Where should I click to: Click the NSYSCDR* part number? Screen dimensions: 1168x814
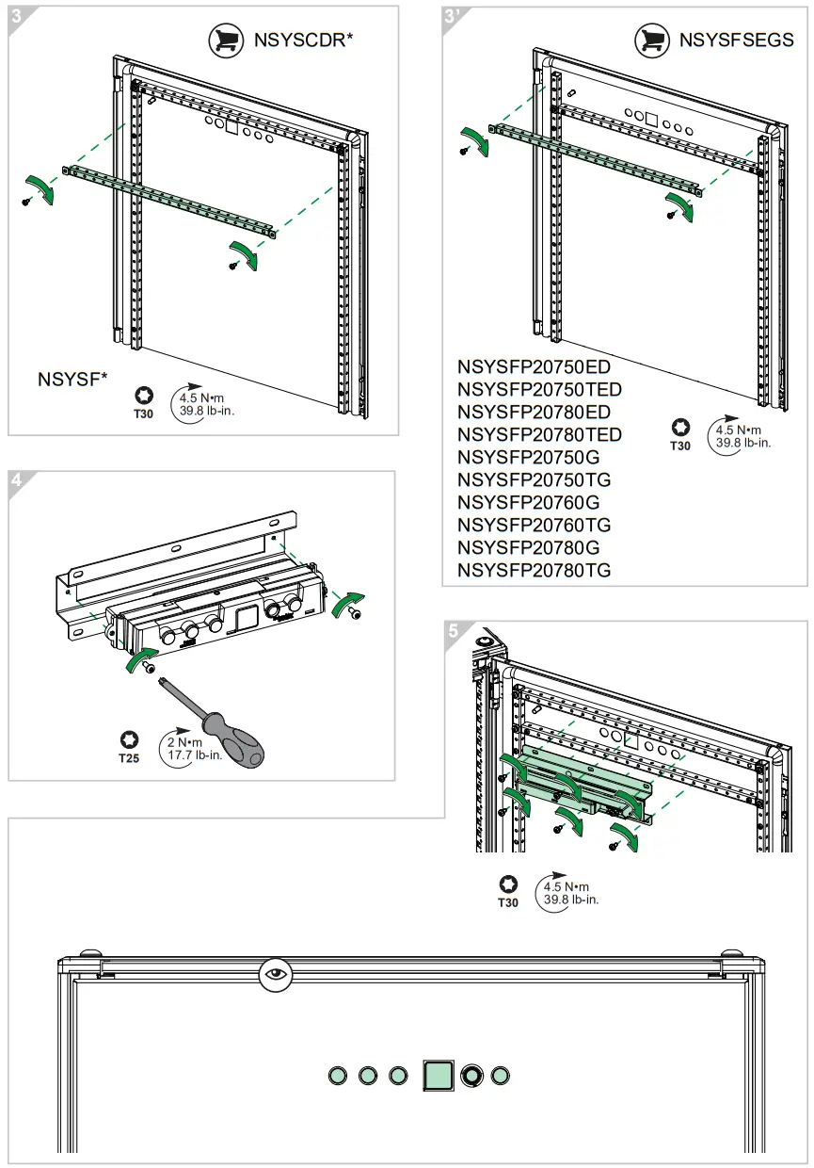(303, 41)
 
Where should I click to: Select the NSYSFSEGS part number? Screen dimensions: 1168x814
(736, 41)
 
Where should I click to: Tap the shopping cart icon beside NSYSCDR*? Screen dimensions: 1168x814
(226, 41)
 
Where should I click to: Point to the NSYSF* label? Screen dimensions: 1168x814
(72, 380)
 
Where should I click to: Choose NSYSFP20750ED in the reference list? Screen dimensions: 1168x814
(534, 366)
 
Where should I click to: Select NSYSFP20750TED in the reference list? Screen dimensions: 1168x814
(539, 389)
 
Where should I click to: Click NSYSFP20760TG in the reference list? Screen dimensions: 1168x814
(534, 525)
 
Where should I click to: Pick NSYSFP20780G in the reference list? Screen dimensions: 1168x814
(528, 547)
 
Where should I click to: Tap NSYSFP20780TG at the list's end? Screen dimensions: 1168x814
(534, 570)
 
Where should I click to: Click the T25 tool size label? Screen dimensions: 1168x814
(130, 758)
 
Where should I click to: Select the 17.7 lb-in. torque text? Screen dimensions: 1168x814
(195, 755)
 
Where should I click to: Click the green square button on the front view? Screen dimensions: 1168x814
(439, 1075)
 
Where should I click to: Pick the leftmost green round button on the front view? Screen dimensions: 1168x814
(338, 1075)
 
